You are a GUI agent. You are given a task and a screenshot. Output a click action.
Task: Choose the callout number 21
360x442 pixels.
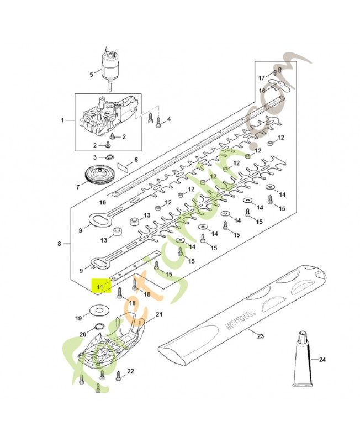(x=160, y=314)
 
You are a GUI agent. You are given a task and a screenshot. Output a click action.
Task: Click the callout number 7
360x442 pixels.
(x=77, y=187)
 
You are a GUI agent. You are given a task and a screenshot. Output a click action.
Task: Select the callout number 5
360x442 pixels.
(x=92, y=74)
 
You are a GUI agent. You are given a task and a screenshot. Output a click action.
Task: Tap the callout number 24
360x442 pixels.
(x=322, y=360)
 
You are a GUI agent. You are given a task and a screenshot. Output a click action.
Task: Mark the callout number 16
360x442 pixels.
(x=262, y=90)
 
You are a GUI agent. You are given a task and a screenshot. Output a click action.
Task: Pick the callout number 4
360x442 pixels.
(x=168, y=119)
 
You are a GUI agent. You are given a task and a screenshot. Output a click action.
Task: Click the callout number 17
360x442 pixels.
(x=262, y=77)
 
